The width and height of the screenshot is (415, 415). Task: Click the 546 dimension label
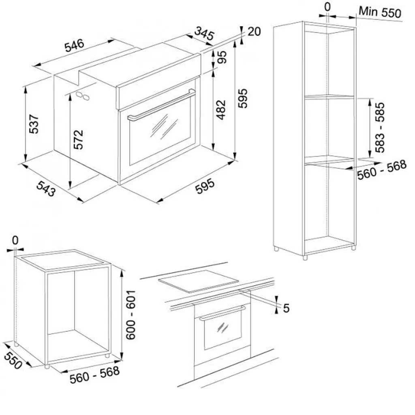point(75,45)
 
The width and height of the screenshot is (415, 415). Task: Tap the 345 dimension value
point(204,33)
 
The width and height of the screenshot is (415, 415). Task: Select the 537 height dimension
point(34,124)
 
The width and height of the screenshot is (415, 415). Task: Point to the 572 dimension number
point(78,139)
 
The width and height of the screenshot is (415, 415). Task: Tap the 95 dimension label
point(222,57)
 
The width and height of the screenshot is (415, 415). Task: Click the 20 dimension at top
point(254,32)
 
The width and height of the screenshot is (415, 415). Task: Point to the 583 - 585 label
point(379,128)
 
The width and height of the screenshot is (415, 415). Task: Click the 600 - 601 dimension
point(131,315)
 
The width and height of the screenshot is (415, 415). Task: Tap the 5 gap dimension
point(286,308)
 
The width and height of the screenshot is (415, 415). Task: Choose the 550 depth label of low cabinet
point(13,360)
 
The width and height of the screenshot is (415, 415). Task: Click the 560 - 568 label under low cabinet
point(94,374)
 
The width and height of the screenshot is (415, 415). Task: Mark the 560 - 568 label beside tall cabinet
point(381,170)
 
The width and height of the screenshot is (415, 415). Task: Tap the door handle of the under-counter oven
point(222,313)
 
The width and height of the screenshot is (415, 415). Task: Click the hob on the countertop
point(198,281)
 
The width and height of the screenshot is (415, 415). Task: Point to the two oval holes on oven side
point(83,96)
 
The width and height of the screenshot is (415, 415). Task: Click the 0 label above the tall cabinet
point(327,6)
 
